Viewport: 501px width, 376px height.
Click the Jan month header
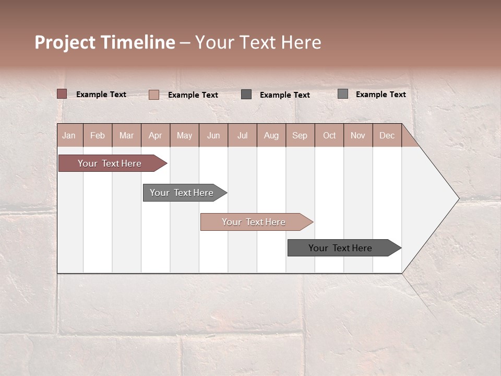click(69, 135)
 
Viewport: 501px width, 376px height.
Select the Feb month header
click(98, 135)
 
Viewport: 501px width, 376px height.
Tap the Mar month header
click(126, 135)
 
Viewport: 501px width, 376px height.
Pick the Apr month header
click(155, 135)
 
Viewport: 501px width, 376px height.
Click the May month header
click(184, 135)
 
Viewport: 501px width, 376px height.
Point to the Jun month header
click(213, 135)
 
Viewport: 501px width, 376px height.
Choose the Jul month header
click(242, 135)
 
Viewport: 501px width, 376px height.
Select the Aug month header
click(271, 135)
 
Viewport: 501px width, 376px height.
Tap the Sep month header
click(300, 135)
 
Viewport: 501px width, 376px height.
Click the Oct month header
click(329, 135)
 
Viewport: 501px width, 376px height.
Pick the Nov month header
click(358, 135)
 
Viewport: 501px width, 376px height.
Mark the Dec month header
click(387, 135)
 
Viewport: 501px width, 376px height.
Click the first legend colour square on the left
click(62, 94)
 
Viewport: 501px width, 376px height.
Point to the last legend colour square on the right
click(343, 94)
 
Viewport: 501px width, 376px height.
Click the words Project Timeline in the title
click(105, 42)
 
